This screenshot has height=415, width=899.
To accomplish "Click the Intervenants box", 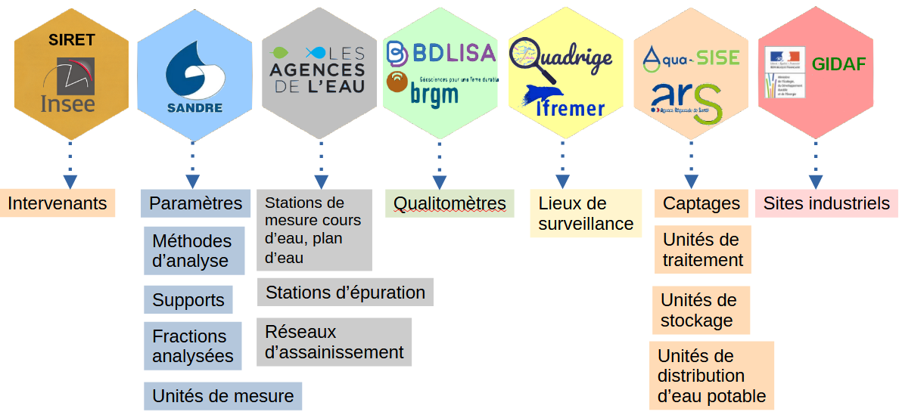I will [58, 203].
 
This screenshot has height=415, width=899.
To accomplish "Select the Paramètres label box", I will [195, 203].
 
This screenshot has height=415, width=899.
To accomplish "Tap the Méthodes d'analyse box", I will [194, 251].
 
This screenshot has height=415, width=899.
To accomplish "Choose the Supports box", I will [188, 299].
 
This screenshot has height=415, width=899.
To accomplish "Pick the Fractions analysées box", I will [193, 346].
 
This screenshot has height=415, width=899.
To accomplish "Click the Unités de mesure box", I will [223, 396].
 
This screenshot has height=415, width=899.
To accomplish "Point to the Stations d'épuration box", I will [345, 292].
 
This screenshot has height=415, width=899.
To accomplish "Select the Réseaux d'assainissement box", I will [334, 342].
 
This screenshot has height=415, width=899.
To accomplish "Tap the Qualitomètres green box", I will [449, 203].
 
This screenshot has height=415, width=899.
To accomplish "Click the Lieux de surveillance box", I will [586, 213].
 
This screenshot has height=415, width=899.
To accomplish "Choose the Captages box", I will [701, 203].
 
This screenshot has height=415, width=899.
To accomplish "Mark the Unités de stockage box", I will [701, 310].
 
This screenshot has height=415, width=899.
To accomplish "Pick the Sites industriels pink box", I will [826, 203].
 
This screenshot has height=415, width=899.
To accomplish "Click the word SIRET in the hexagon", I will [72, 40].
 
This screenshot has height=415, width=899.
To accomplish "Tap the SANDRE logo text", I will [194, 107].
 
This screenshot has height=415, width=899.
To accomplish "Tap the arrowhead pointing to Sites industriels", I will [815, 182].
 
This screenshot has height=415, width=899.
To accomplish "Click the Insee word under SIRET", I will [68, 104].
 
